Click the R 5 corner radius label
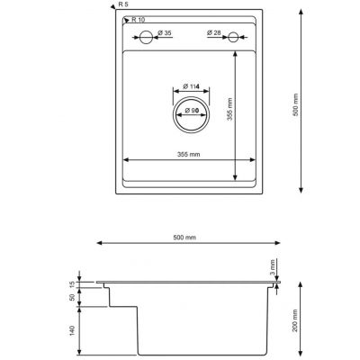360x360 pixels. pyautogui.click(x=122, y=4)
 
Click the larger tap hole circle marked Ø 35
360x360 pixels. pyautogui.click(x=144, y=38)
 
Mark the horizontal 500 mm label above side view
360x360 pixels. pyautogui.click(x=184, y=237)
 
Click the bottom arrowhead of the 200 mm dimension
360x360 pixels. pyautogui.click(x=285, y=352)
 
